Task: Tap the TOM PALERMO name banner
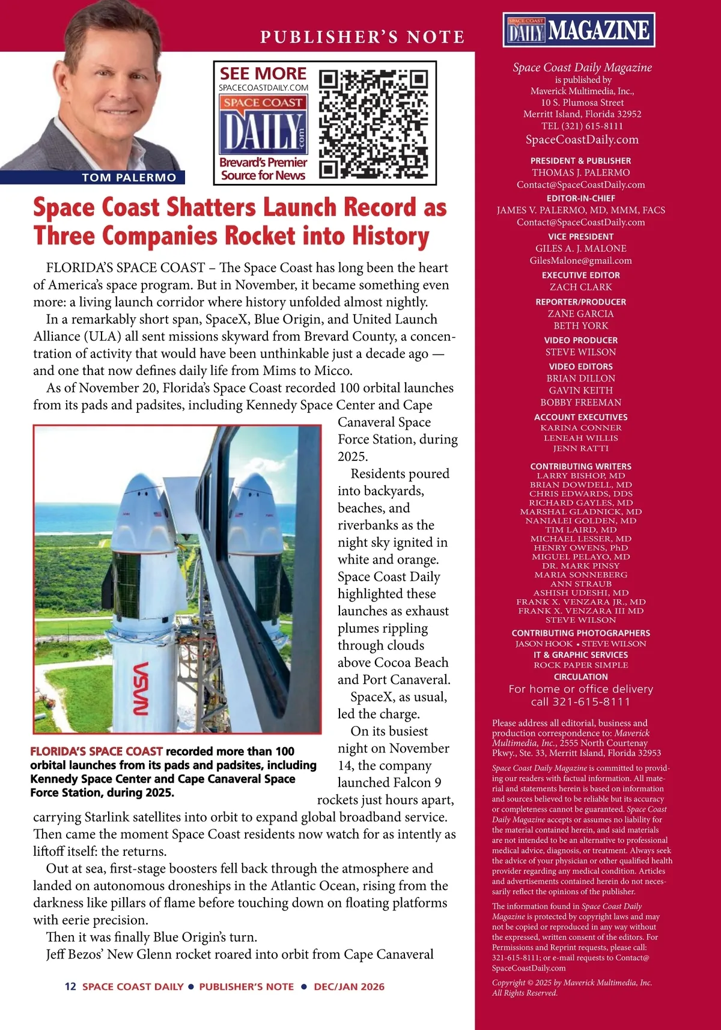pos(129,177)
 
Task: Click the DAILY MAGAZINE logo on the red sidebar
pos(579,30)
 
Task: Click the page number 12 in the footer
pos(70,987)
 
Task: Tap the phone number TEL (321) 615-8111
pos(582,126)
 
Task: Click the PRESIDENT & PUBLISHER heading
pos(580,161)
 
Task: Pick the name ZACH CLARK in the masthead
pos(580,287)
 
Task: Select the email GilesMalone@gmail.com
pos(580,261)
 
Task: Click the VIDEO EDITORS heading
pos(580,367)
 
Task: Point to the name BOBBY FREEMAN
pos(580,403)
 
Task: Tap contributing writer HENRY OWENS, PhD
pos(580,547)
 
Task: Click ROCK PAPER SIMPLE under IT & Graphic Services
pos(580,665)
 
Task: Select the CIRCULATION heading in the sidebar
pos(580,677)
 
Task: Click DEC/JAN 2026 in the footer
pos(349,987)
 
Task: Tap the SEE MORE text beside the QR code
pos(263,74)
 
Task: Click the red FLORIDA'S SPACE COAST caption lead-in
pos(97,751)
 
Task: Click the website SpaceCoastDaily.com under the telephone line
pos(582,140)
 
